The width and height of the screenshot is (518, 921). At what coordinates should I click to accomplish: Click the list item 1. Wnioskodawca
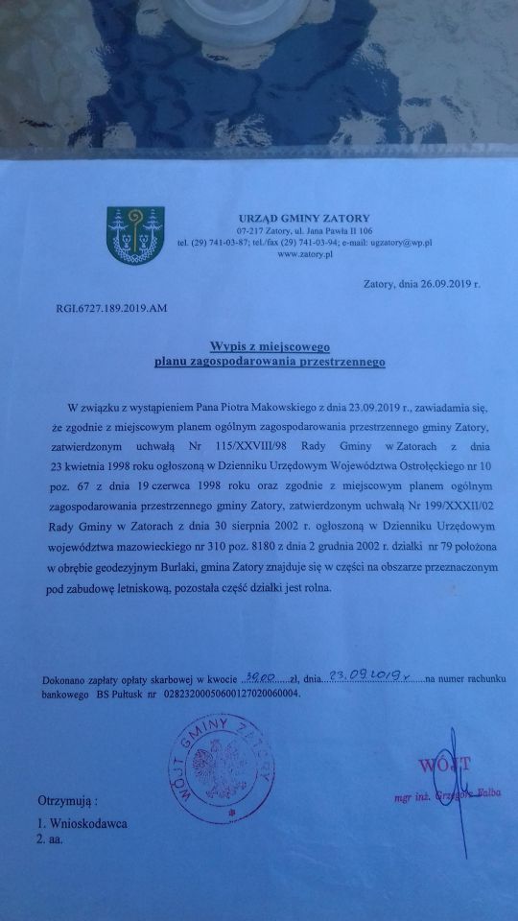pos(82,823)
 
